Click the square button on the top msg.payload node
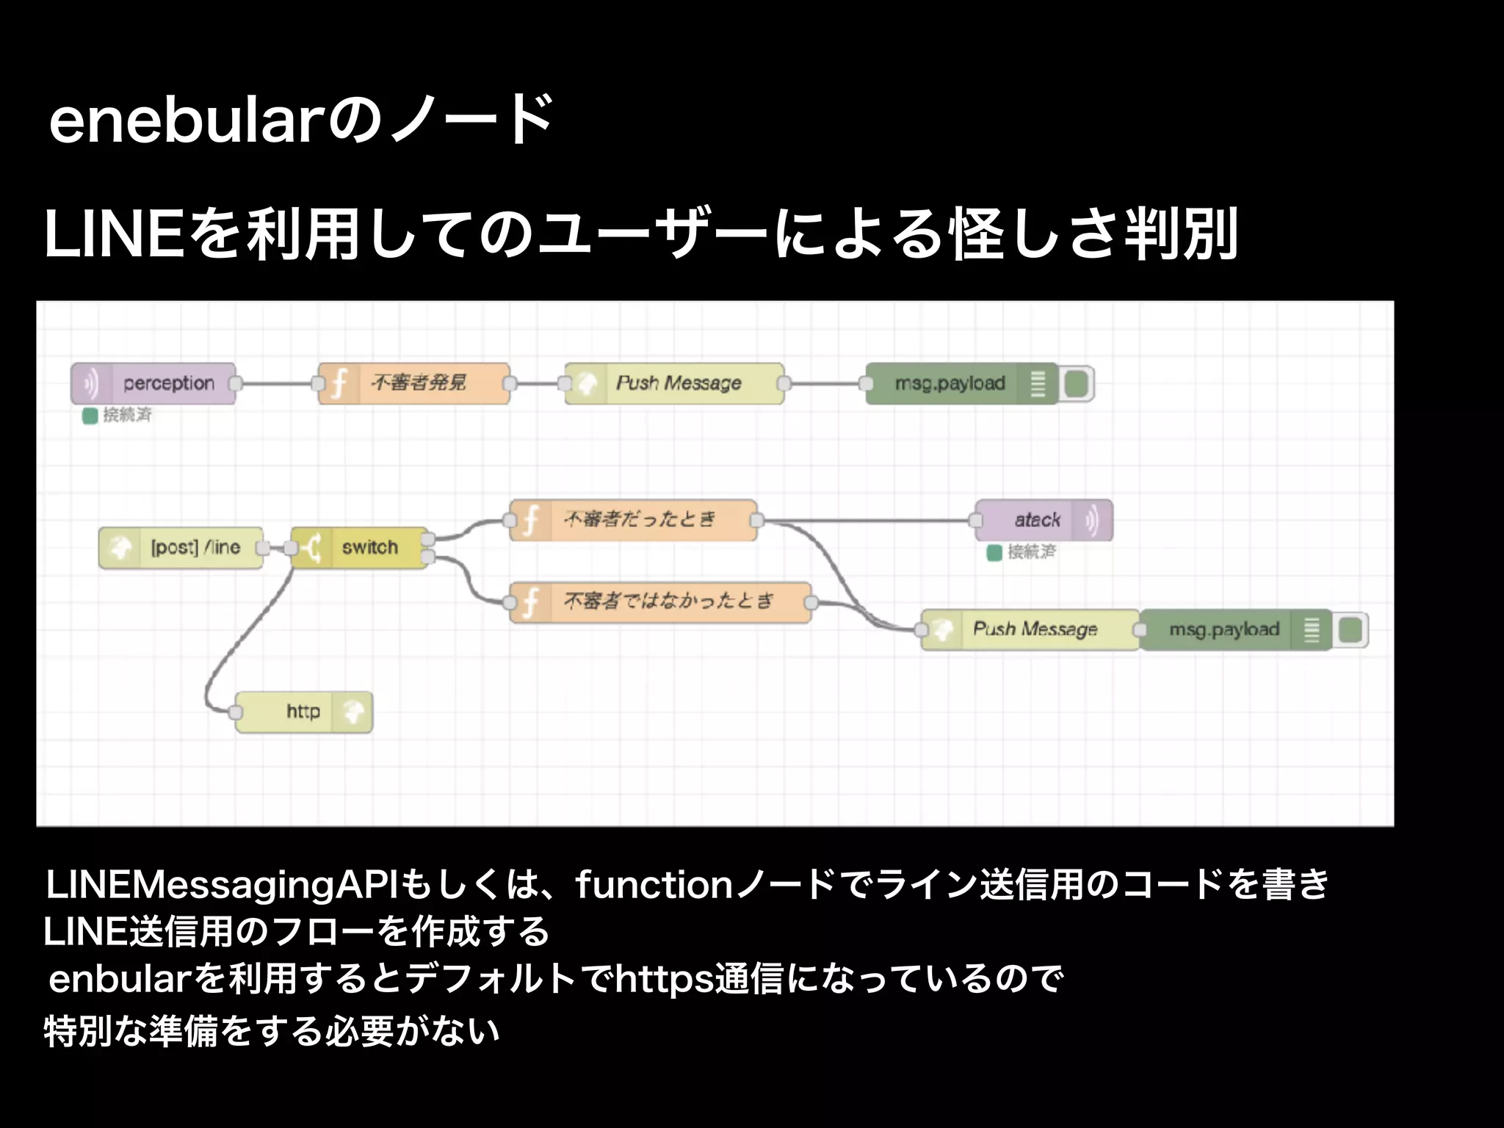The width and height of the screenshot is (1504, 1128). pyautogui.click(x=1076, y=383)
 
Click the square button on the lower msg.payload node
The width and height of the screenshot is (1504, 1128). pyautogui.click(x=1351, y=629)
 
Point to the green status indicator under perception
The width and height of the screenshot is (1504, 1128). pyautogui.click(x=90, y=416)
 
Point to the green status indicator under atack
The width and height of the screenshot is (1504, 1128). pyautogui.click(x=994, y=553)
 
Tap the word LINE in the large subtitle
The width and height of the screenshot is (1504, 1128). pyautogui.click(x=114, y=235)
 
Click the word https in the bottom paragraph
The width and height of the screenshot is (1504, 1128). pyautogui.click(x=665, y=979)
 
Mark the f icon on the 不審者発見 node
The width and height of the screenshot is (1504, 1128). pyautogui.click(x=339, y=383)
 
